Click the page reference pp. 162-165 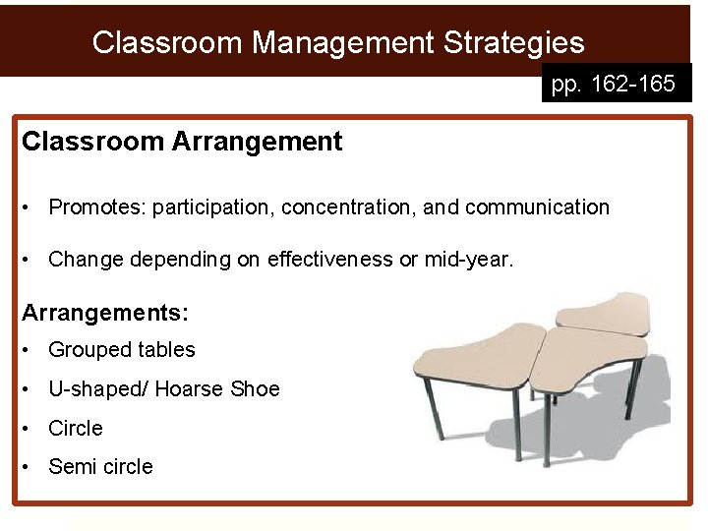click(614, 85)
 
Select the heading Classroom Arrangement click(182, 142)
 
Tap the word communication click(537, 207)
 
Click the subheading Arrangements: click(105, 313)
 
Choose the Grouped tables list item click(122, 350)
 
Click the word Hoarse click(194, 389)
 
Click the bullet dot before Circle click(32, 429)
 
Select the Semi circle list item click(100, 467)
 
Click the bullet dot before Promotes click(32, 207)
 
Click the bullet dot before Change click(32, 260)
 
